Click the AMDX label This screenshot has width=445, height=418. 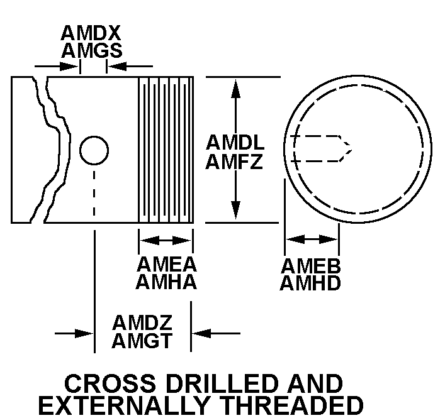tap(91, 33)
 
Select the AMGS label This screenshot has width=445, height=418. tap(91, 50)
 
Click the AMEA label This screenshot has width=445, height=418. tap(166, 265)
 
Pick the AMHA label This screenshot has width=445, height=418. tap(166, 282)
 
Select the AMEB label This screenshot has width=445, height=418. tap(311, 266)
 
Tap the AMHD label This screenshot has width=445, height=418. tap(311, 283)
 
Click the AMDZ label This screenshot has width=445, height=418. tap(142, 323)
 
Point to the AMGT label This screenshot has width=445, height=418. tap(142, 341)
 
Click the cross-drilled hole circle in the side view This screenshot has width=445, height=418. tap(94, 150)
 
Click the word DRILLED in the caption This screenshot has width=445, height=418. tap(212, 384)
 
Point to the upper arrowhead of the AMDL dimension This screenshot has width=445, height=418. tap(236, 87)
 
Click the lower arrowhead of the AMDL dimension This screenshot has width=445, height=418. tap(236, 211)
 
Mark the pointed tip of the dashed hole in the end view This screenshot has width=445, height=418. tap(351, 148)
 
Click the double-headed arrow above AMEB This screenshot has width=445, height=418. tap(312, 239)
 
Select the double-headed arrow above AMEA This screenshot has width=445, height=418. tap(166, 239)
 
